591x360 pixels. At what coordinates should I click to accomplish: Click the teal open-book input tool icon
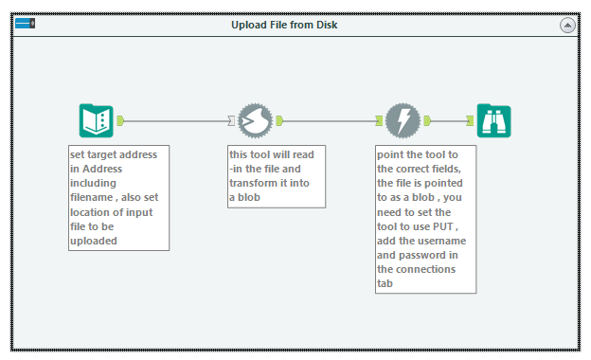click(x=96, y=120)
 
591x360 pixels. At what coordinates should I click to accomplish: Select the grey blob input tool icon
click(x=255, y=120)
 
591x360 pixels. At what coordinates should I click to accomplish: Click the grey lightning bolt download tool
click(x=403, y=120)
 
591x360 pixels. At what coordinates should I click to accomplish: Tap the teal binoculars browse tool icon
click(x=493, y=120)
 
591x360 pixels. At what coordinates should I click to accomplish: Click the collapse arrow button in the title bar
click(x=567, y=26)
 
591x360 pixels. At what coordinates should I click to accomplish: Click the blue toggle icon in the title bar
click(x=26, y=24)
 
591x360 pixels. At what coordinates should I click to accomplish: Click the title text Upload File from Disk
click(x=284, y=25)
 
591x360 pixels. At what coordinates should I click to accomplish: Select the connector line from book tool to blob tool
click(x=176, y=121)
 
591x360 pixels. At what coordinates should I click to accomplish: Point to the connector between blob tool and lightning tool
click(x=330, y=121)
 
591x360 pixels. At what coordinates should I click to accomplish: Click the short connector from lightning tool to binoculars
click(x=449, y=121)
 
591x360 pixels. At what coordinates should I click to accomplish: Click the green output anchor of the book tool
click(x=120, y=120)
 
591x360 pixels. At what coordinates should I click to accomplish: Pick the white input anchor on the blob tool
click(x=231, y=120)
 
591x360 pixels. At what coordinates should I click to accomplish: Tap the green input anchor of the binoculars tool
click(x=470, y=120)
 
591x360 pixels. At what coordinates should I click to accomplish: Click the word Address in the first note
click(x=102, y=169)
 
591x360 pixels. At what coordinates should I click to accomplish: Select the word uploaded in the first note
click(x=94, y=241)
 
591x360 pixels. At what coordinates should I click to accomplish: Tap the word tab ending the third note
click(x=385, y=283)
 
